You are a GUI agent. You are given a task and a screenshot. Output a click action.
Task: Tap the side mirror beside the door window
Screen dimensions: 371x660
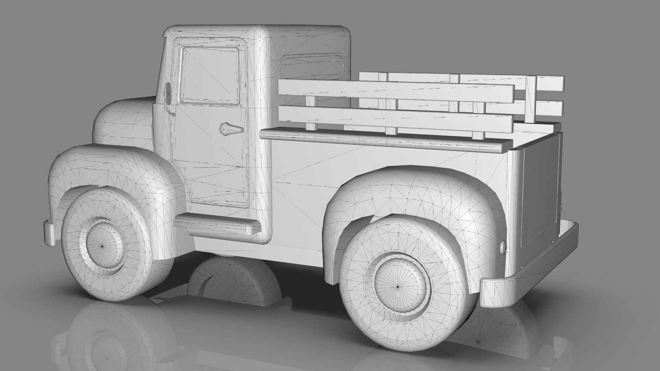click(168, 93)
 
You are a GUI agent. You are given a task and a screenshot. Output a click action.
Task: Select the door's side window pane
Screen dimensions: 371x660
click(210, 76)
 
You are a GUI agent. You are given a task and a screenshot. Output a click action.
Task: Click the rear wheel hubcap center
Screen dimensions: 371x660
click(398, 286)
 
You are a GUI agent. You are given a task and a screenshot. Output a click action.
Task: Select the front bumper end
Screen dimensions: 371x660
click(49, 233)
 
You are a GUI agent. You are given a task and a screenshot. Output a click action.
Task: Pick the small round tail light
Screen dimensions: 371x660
click(503, 247)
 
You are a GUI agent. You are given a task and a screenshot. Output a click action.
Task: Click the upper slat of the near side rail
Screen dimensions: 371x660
click(395, 91)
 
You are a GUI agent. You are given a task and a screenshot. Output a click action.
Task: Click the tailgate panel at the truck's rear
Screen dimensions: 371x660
click(540, 189)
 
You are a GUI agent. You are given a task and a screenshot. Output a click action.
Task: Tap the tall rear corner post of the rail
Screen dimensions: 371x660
click(531, 100)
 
